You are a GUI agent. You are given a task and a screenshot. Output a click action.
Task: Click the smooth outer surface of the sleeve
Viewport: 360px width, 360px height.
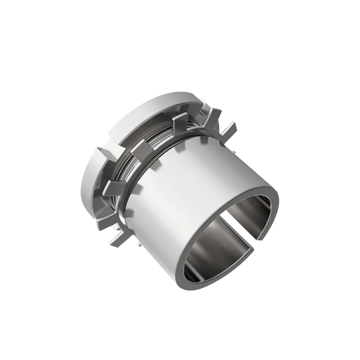(202, 187)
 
